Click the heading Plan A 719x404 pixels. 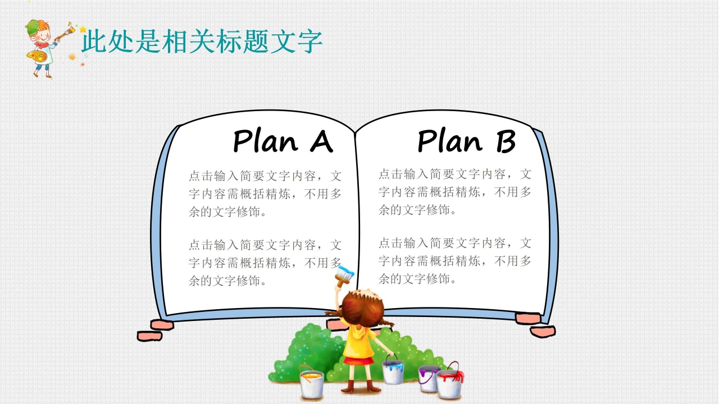283,141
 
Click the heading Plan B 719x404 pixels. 466,141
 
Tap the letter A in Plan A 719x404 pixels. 321,142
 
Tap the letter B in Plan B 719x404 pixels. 505,142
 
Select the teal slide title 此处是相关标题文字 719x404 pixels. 202,42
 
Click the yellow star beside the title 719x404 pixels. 83,29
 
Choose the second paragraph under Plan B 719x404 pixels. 454,261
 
